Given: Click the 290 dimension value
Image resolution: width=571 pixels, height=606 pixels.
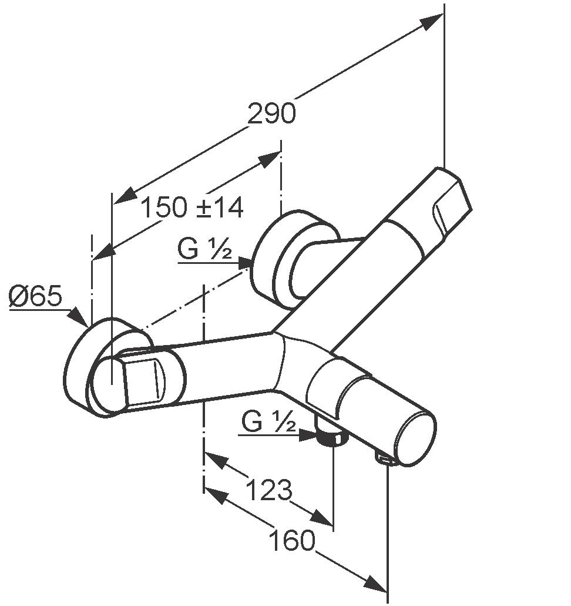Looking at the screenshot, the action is [271, 113].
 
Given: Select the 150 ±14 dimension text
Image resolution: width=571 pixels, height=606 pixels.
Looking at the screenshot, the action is [192, 207].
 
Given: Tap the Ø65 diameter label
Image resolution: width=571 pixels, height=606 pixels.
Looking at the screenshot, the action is [35, 296].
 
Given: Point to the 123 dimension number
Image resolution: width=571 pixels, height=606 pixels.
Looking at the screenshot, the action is [268, 490].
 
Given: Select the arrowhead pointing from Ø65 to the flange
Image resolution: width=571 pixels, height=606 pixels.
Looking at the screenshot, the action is [78, 317].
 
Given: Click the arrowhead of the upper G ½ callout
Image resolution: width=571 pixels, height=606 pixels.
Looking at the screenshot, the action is [246, 263].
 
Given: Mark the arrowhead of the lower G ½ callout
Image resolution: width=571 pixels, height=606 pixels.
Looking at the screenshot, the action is [309, 436].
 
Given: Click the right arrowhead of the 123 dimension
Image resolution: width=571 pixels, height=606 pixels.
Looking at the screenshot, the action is [322, 517].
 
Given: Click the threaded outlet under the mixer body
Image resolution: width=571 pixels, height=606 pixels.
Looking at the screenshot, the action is [332, 436].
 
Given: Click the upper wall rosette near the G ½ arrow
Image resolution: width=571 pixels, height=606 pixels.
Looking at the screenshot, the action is [294, 259].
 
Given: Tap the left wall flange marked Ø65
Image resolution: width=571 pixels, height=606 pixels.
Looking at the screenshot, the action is [106, 367].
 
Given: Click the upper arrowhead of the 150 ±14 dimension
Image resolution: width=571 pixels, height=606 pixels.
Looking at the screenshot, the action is [268, 160].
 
